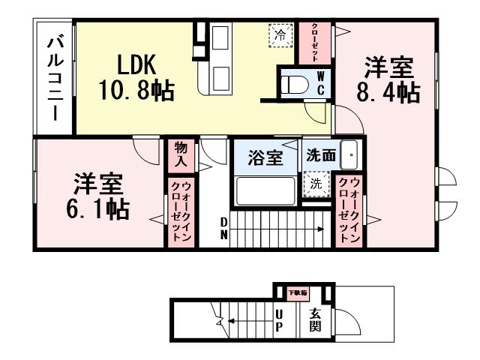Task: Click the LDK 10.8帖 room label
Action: coord(136,77)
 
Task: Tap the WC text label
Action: coord(320,82)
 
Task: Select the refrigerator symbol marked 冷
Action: coord(280,34)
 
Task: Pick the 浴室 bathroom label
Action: coord(265,158)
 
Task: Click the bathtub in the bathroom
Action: coord(265,190)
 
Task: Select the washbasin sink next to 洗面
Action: coord(349,155)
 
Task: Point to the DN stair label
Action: coord(224,227)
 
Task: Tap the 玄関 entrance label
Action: coord(315,321)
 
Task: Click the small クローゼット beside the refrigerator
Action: coord(307,43)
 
